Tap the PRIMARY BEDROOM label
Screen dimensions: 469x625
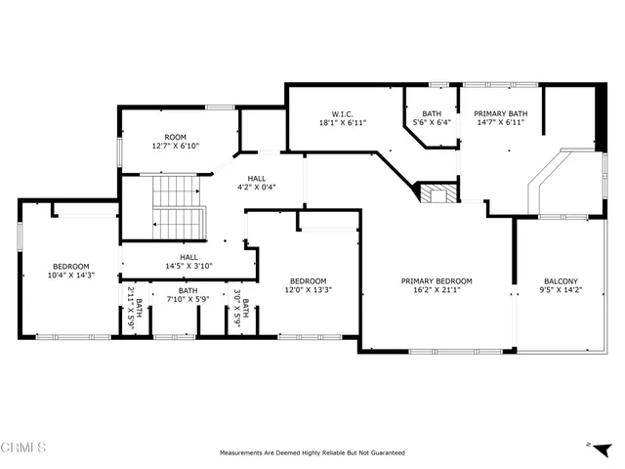pyautogui.click(x=437, y=281)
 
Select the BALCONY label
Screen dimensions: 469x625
pyautogui.click(x=561, y=281)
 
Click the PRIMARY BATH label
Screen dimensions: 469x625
pyautogui.click(x=501, y=113)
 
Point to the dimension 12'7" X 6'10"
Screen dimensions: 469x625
pyautogui.click(x=176, y=146)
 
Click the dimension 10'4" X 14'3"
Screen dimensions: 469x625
pyautogui.click(x=70, y=276)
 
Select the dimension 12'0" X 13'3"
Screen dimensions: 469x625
pyautogui.click(x=308, y=289)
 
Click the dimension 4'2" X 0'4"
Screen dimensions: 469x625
pyautogui.click(x=257, y=187)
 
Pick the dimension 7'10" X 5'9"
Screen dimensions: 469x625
pyautogui.click(x=187, y=299)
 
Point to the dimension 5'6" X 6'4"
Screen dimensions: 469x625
pyautogui.click(x=431, y=123)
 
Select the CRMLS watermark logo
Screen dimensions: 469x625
pyautogui.click(x=23, y=448)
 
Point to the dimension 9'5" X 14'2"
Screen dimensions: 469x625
pyautogui.click(x=561, y=290)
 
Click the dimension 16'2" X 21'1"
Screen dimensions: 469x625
pyautogui.click(x=437, y=290)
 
